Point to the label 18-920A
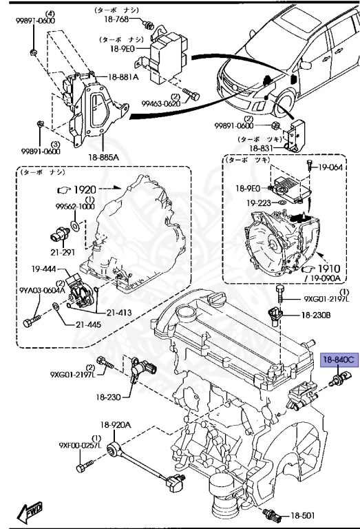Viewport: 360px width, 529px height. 116,425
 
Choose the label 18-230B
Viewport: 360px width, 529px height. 315,315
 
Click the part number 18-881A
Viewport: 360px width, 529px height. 123,77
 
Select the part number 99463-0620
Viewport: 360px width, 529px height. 162,103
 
